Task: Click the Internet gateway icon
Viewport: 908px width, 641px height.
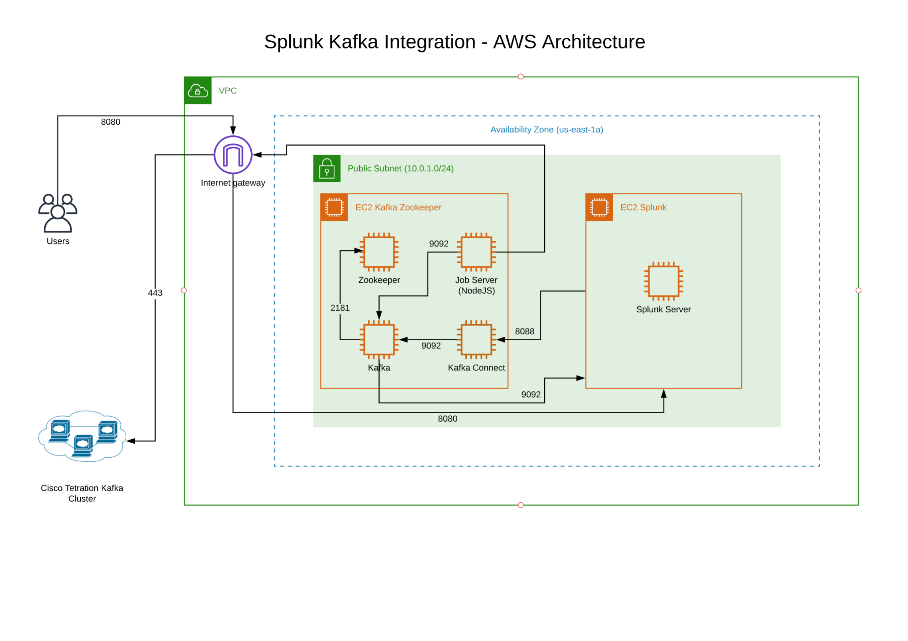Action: point(233,155)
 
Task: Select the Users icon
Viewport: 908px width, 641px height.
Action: point(58,213)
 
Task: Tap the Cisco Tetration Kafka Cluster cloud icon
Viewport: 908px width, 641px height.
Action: point(82,437)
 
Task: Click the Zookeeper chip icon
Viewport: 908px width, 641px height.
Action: point(379,252)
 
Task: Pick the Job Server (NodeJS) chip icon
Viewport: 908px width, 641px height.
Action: point(476,252)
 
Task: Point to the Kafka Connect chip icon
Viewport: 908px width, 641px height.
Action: point(476,340)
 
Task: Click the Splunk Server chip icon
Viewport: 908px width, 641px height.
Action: point(664,281)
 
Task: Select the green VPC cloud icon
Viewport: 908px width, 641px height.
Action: point(198,91)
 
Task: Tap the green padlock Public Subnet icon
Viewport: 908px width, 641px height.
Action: point(327,168)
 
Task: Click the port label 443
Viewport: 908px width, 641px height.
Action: point(155,293)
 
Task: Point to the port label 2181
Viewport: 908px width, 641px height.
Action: point(340,308)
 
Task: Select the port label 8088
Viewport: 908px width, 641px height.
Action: point(524,332)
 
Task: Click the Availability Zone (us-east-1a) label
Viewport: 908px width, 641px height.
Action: point(546,129)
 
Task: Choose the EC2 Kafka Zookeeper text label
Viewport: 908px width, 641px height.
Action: point(398,208)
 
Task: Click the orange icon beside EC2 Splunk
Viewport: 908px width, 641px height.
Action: point(599,208)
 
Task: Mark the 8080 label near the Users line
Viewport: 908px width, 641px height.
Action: point(110,122)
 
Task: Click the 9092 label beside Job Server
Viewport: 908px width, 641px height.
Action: point(439,244)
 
